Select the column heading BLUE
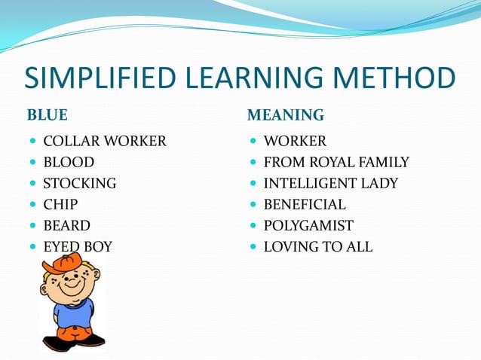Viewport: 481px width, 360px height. (x=47, y=115)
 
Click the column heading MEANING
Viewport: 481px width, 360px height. (x=286, y=115)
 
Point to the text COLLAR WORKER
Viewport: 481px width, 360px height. (x=105, y=141)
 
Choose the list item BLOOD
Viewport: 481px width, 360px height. (x=69, y=162)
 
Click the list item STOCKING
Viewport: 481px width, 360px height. (x=80, y=183)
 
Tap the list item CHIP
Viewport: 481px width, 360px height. (x=60, y=204)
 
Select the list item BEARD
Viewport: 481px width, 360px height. (x=66, y=225)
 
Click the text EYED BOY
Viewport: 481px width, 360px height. (x=78, y=246)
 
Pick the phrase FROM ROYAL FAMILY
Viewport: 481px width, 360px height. (x=336, y=162)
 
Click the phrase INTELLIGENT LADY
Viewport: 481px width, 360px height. (x=331, y=183)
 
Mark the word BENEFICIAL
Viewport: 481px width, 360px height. (x=305, y=204)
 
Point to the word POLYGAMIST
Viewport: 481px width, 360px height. (x=308, y=225)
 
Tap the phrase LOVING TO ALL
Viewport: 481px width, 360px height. (x=318, y=246)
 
